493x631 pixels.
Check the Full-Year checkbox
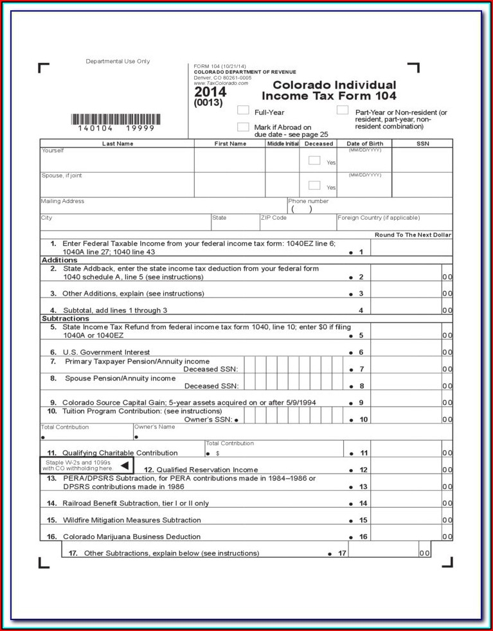pos(243,111)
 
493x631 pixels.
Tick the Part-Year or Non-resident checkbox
pos(342,110)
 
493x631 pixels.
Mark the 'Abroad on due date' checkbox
pos(243,127)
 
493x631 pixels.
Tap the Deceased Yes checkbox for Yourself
pos(314,161)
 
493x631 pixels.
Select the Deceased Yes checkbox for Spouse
pos(314,185)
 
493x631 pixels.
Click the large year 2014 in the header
pos(210,93)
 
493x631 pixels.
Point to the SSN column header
pos(422,144)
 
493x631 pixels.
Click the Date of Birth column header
pos(364,144)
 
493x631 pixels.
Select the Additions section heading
pos(60,260)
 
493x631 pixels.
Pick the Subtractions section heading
pos(66,319)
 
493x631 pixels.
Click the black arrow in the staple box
pos(125,465)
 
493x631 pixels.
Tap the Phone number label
pos(308,201)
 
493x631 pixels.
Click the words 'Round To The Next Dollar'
pos(413,235)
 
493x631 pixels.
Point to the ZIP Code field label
pos(274,218)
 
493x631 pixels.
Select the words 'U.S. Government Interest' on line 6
pos(106,352)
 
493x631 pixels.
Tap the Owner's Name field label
pos(154,427)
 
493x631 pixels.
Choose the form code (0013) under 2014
pos(208,103)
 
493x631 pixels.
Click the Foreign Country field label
pos(379,218)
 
